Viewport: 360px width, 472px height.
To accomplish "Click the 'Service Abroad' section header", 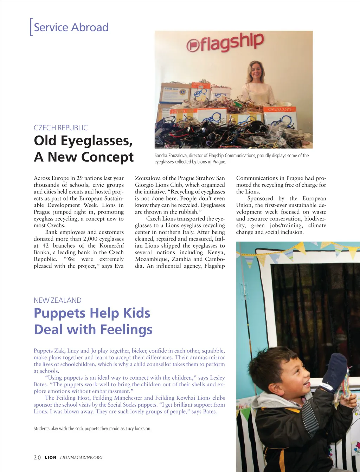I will coord(71,27).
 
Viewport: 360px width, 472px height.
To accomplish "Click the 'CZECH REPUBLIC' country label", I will coord(60,128).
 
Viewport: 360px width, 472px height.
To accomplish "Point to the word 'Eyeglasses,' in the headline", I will coord(97,141).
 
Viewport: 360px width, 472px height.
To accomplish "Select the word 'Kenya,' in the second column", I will coord(216,253).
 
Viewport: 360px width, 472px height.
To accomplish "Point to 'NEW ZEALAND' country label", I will coord(57,300).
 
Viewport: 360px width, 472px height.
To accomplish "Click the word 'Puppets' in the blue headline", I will coord(60,313).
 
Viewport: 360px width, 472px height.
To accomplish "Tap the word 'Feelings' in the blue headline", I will coord(126,329).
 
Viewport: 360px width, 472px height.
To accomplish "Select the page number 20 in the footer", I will coord(37,458).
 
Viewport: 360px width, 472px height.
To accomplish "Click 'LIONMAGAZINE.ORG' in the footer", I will coord(81,458).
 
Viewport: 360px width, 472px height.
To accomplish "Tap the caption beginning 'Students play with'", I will coord(92,428).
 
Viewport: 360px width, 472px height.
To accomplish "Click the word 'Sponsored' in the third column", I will coord(260,198).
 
